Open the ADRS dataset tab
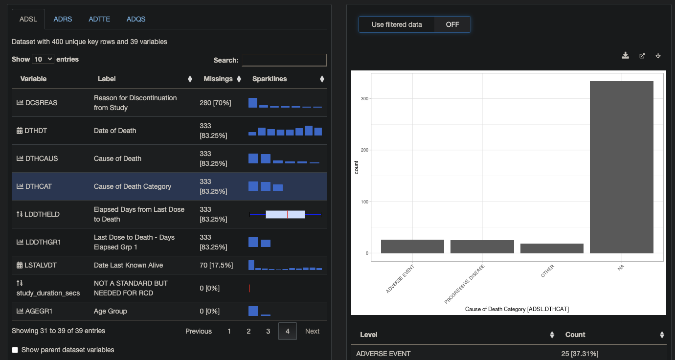pyautogui.click(x=63, y=19)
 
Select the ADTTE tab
pyautogui.click(x=99, y=19)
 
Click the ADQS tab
pyautogui.click(x=136, y=19)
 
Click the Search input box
pyautogui.click(x=284, y=60)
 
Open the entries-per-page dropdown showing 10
pyautogui.click(x=43, y=59)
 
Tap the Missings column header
pyautogui.click(x=218, y=79)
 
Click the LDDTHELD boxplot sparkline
pyautogui.click(x=285, y=214)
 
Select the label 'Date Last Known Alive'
pyautogui.click(x=128, y=265)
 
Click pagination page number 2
pyautogui.click(x=248, y=331)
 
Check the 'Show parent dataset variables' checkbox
pyautogui.click(x=15, y=350)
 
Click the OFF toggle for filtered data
pyautogui.click(x=452, y=24)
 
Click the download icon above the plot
pyautogui.click(x=625, y=56)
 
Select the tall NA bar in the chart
pyautogui.click(x=621, y=166)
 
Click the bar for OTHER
pyautogui.click(x=552, y=248)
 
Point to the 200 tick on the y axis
pyautogui.click(x=364, y=150)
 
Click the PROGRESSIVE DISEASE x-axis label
pyautogui.click(x=465, y=285)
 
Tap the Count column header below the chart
pyautogui.click(x=575, y=335)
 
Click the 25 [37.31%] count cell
pyautogui.click(x=580, y=354)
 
